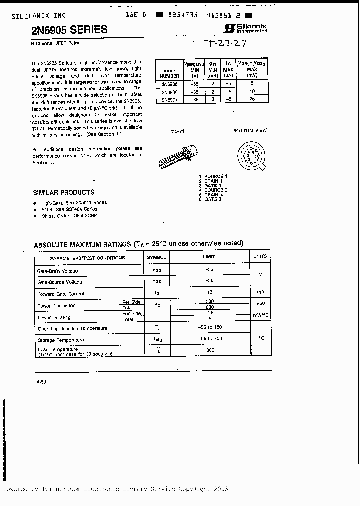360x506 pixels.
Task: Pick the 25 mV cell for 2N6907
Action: coord(252,99)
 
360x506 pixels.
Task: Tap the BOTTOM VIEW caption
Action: coord(250,130)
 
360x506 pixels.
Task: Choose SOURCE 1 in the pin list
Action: coord(215,176)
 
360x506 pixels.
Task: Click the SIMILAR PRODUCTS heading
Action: coord(63,192)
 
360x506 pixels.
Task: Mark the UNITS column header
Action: coord(260,257)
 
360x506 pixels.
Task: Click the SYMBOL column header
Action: coord(156,257)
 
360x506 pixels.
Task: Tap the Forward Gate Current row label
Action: coord(61,294)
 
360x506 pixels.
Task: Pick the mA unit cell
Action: coord(260,292)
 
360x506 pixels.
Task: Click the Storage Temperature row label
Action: coord(61,340)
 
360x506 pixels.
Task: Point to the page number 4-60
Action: coord(41,382)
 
